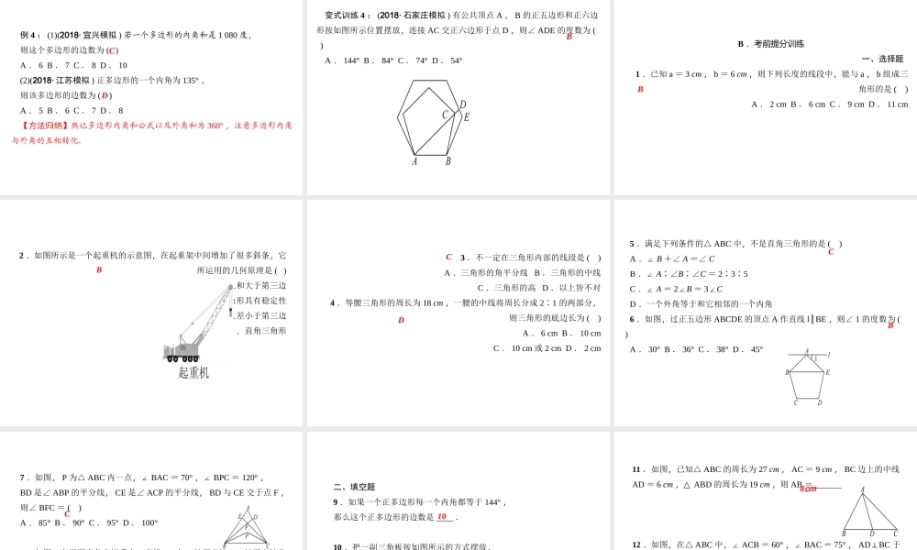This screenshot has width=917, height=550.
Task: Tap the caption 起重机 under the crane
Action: (193, 372)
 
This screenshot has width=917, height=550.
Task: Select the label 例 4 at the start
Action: (30, 35)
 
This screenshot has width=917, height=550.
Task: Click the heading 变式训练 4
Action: (348, 15)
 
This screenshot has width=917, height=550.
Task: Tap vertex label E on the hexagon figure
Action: (466, 117)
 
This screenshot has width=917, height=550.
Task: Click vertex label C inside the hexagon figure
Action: (445, 115)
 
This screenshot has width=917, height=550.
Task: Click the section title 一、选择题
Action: (882, 59)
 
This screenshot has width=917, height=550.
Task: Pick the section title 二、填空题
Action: (354, 487)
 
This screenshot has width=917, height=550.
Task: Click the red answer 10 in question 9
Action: (442, 516)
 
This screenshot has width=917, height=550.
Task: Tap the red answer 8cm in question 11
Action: (808, 489)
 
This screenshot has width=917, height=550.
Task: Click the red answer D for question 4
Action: (401, 320)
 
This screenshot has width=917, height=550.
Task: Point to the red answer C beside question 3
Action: (448, 257)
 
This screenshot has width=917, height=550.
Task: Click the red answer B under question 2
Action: (99, 269)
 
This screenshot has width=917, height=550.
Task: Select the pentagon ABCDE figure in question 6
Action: (807, 377)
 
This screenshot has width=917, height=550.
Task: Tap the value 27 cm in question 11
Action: (768, 469)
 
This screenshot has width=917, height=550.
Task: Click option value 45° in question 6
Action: (757, 349)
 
